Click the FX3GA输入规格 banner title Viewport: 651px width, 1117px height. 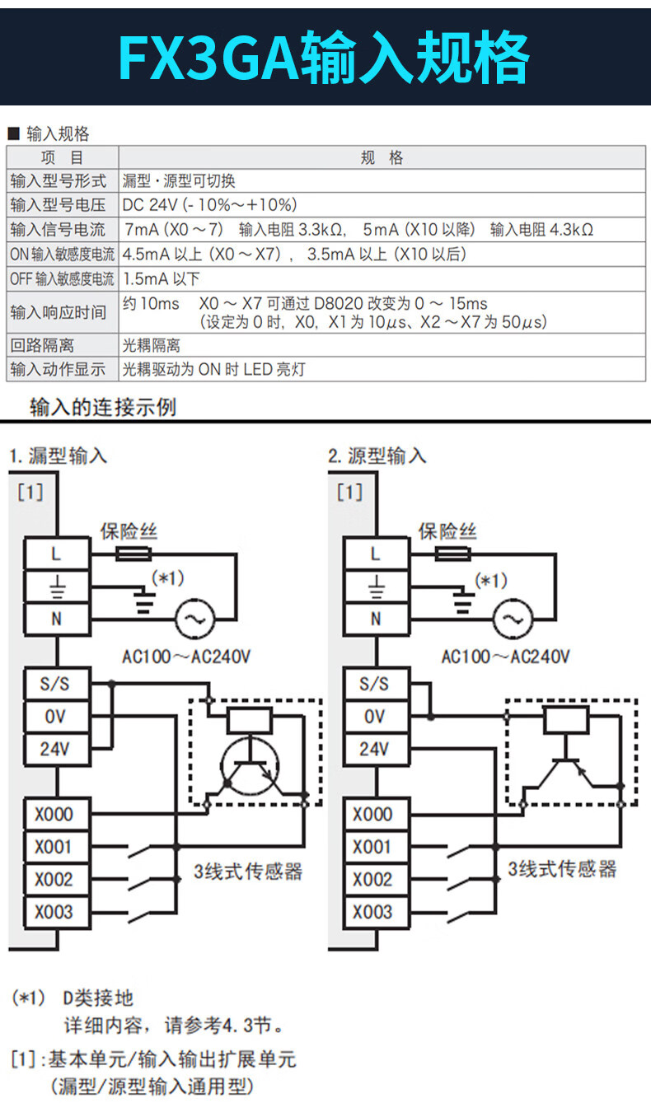(325, 57)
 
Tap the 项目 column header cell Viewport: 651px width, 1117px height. (63, 158)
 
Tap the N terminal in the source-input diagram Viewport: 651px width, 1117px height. (375, 618)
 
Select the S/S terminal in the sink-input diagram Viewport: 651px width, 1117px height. (56, 684)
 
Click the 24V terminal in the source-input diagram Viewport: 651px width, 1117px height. (375, 749)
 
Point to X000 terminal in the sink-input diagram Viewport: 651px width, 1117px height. (56, 815)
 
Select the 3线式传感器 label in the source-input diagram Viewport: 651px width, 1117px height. (562, 869)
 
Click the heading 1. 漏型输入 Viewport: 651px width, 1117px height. (59, 456)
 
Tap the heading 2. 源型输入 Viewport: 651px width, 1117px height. (377, 456)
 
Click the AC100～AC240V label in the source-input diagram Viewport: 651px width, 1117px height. (505, 657)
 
